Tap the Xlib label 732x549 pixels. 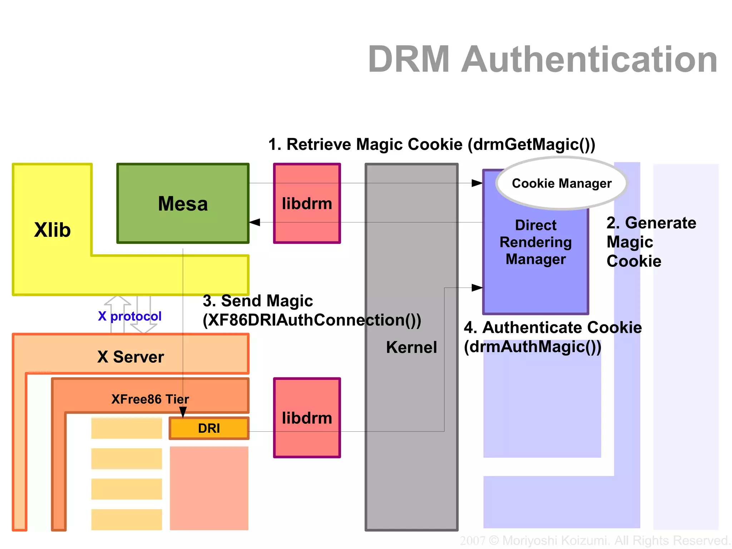(53, 230)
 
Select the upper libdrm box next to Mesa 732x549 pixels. (307, 204)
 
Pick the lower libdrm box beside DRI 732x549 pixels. (307, 418)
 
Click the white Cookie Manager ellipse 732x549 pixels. (562, 183)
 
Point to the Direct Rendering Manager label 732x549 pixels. (535, 242)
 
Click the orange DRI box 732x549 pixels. (209, 428)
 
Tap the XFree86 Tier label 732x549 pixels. (150, 399)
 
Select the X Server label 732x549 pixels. (130, 357)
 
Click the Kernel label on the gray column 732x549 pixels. (411, 347)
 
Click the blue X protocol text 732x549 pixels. (129, 316)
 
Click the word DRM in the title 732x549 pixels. (409, 59)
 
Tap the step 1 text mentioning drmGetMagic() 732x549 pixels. (431, 144)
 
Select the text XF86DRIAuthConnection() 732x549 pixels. (312, 320)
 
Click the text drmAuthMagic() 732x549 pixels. (533, 347)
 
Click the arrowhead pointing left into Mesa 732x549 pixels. (254, 222)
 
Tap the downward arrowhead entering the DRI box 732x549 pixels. (183, 412)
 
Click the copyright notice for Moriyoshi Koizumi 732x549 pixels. (595, 540)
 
